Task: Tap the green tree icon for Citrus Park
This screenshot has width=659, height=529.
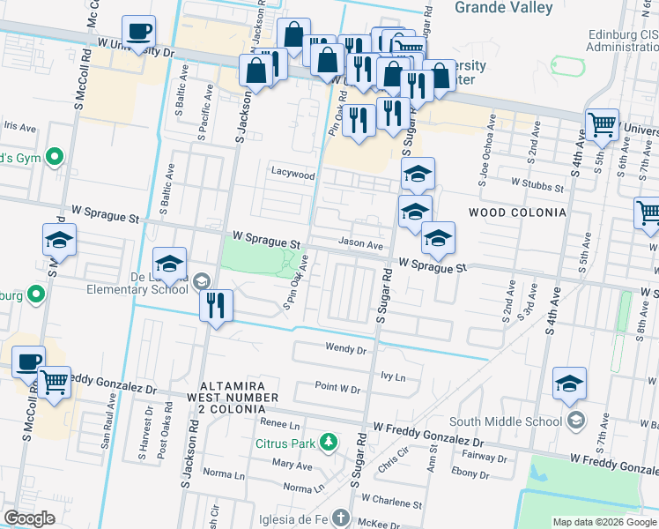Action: [x=329, y=441]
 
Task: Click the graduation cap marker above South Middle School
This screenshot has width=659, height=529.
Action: [x=570, y=384]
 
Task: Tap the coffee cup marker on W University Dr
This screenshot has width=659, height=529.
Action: [x=139, y=33]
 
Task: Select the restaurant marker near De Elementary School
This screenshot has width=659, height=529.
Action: [x=216, y=306]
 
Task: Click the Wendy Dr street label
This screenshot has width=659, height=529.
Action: [x=344, y=349]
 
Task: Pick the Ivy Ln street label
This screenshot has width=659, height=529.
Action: [x=393, y=376]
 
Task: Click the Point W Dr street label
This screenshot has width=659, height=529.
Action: [x=338, y=389]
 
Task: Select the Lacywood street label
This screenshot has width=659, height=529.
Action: [x=292, y=175]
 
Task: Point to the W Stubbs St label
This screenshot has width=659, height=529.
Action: [x=537, y=187]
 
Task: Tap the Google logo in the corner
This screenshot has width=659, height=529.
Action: [x=30, y=518]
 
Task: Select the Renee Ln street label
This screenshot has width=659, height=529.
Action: [x=281, y=424]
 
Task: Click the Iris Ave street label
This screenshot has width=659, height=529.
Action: [x=20, y=127]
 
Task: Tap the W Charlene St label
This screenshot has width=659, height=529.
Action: [x=391, y=503]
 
